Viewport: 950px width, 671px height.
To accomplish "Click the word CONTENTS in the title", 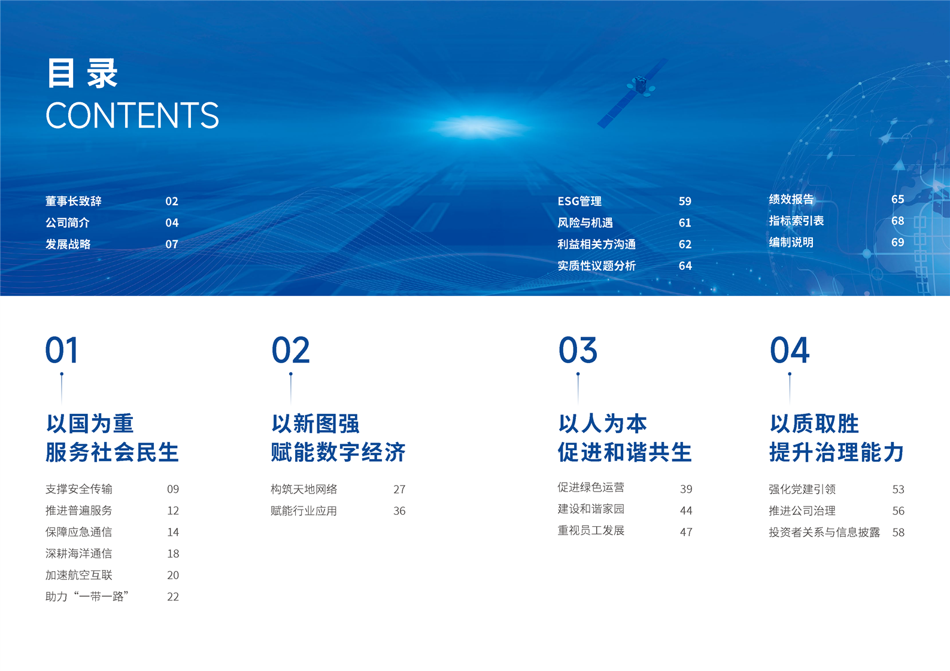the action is pos(132,115).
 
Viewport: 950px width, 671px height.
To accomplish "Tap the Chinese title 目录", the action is pos(82,74).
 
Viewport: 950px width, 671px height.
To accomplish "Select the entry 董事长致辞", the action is pos(74,201).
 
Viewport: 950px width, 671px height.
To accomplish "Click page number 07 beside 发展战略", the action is pos(172,244).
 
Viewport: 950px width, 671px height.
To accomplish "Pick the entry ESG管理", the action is pos(579,201).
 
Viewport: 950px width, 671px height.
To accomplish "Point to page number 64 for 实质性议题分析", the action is pos(685,266).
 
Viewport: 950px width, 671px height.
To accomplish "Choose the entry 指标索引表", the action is pos(796,220).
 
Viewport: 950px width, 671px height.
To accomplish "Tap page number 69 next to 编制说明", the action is pos(897,242).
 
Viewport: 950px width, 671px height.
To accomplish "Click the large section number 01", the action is pos(62,350).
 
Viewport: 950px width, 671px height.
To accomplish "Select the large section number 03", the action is pos(578,350).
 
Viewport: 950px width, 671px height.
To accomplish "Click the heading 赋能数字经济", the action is pos(338,452).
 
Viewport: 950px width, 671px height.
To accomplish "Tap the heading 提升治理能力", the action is pos(836,452).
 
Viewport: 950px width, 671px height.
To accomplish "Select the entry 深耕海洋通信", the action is pos(79,553).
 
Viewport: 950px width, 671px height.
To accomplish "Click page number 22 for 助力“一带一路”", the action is pos(173,596).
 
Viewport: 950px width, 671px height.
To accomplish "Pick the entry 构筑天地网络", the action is pos(303,489).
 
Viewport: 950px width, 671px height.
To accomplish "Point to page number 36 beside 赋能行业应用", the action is pos(399,511).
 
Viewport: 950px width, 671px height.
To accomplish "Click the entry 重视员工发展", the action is pos(591,530).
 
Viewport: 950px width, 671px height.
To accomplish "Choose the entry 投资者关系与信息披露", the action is pos(824,532).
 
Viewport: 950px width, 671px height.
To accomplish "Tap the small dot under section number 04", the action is pos(789,374).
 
